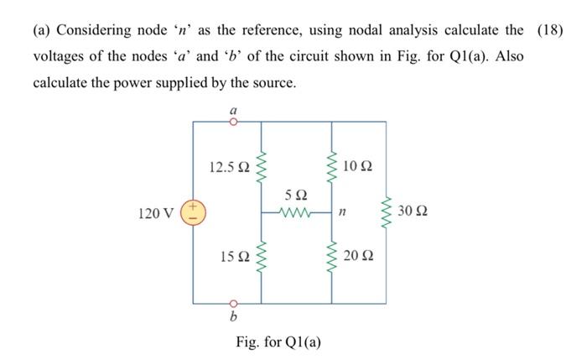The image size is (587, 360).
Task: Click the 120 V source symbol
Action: click(194, 212)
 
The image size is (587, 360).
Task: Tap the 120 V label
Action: click(156, 213)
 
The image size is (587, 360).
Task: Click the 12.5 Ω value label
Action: click(229, 167)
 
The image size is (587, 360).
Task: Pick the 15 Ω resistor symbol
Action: click(262, 258)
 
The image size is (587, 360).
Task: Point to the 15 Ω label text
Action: click(234, 257)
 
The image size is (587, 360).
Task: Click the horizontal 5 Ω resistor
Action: click(298, 212)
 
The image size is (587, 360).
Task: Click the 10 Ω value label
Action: click(359, 166)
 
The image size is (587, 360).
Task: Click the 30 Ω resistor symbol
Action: click(387, 212)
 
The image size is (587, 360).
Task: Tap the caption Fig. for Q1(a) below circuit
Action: click(278, 342)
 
